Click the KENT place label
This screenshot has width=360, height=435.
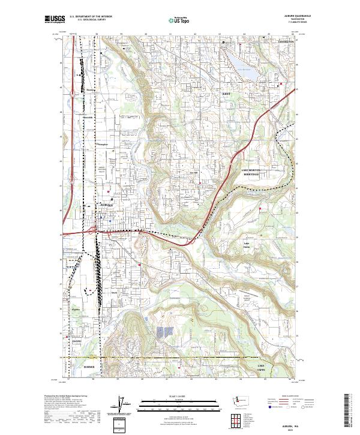[226, 94]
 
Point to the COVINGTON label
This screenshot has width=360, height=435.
[286, 41]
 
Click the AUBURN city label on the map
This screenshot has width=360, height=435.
[105, 205]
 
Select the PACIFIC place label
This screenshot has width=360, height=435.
[77, 340]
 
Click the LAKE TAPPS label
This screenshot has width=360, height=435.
[260, 367]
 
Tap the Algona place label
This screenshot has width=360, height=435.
[76, 310]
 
